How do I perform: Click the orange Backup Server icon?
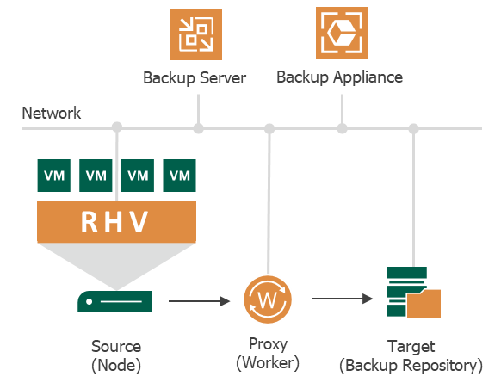point(196,34)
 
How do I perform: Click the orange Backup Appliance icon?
point(342,33)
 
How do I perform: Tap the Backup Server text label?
point(195,78)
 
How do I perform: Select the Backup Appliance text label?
point(339,77)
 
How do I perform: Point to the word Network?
point(51,113)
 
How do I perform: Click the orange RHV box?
point(116,222)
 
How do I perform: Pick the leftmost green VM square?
point(54,176)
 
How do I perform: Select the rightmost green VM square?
point(179,176)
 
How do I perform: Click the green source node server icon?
point(114,301)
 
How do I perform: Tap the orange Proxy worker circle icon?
point(268,299)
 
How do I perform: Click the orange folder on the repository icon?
point(424,304)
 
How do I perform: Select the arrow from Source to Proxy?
point(200,301)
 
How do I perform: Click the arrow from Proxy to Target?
point(343,299)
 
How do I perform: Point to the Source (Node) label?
point(116,355)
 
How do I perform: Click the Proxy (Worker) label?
point(268,353)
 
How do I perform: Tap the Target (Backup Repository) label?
point(411,355)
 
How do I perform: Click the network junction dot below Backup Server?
point(198,128)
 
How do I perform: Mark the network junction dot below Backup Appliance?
point(343,128)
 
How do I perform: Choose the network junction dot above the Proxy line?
point(269,128)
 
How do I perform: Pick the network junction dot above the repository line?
point(414,128)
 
